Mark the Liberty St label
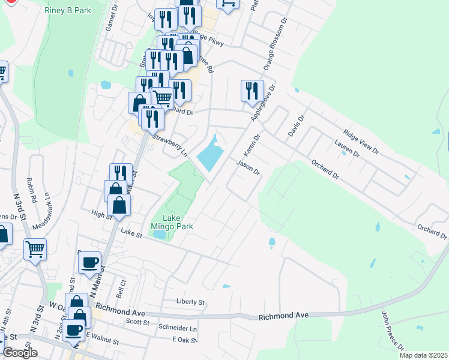click(190, 302)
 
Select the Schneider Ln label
click(177, 329)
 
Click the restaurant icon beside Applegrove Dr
click(252, 91)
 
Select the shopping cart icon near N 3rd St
click(35, 248)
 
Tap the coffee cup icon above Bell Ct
click(89, 262)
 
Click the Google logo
click(19, 353)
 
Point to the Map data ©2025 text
click(423, 355)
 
